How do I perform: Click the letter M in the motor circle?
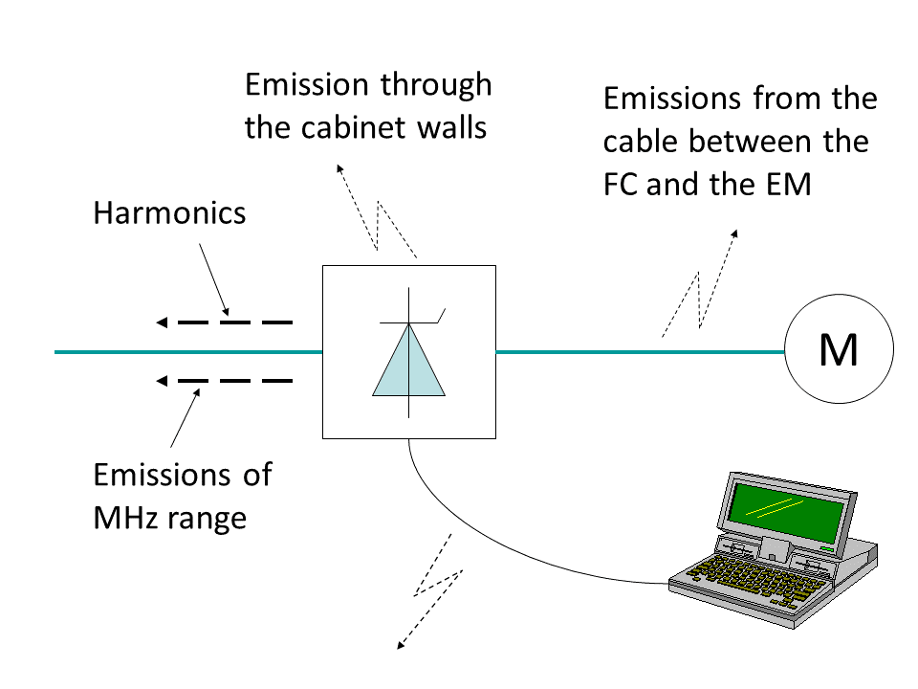pos(839,352)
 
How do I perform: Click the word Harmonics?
pos(169,212)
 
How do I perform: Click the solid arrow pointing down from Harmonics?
pos(213,278)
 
